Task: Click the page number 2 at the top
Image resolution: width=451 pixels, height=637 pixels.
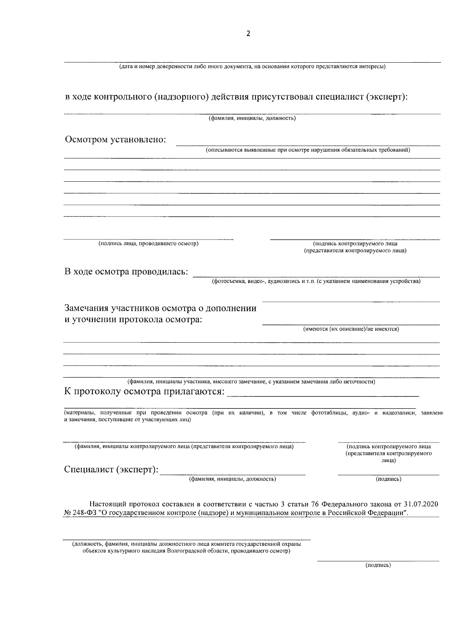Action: pyautogui.click(x=248, y=34)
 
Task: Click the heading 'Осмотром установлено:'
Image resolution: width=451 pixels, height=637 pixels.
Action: pyautogui.click(x=116, y=140)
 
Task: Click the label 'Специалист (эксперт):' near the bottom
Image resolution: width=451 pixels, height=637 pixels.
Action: pyautogui.click(x=111, y=470)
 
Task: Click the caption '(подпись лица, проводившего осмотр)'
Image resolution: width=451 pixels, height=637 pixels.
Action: pyautogui.click(x=148, y=244)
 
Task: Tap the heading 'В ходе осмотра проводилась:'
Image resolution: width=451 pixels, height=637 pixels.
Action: pyautogui.click(x=126, y=272)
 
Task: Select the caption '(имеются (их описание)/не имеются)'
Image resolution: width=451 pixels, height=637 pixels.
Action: pyautogui.click(x=351, y=329)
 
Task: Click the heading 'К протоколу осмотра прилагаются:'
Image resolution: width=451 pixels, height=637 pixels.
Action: pyautogui.click(x=144, y=392)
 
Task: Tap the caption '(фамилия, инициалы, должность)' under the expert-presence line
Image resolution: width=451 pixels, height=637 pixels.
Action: pyautogui.click(x=252, y=119)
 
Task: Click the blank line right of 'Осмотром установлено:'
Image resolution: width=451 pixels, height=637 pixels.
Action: pyautogui.click(x=308, y=143)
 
